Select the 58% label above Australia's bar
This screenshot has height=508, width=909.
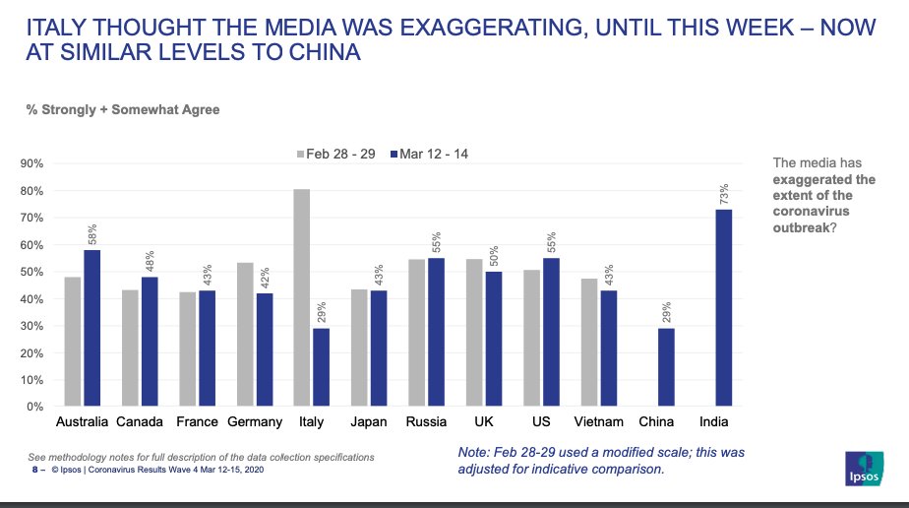pyautogui.click(x=91, y=235)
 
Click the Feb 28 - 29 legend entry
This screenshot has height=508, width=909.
pyautogui.click(x=335, y=155)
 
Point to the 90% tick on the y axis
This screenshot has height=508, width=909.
pyautogui.click(x=32, y=163)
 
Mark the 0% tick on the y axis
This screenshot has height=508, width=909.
pyautogui.click(x=35, y=407)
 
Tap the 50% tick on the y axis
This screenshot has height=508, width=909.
pyautogui.click(x=32, y=272)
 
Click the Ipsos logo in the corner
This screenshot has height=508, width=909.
pyautogui.click(x=864, y=468)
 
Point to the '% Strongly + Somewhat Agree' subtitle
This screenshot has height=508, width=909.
pyautogui.click(x=123, y=110)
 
